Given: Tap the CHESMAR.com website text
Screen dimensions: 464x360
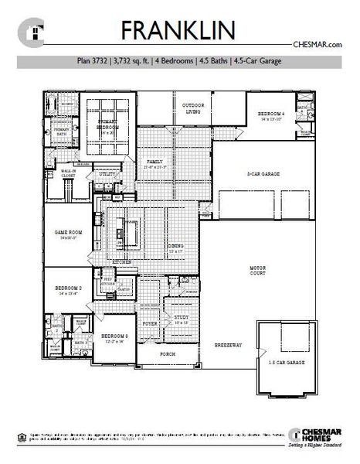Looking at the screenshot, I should (x=318, y=46).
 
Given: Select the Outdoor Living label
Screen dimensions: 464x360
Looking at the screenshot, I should (x=193, y=107).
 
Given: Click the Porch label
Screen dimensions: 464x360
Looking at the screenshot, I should (x=167, y=355).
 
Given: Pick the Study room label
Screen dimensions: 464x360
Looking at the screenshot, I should (x=180, y=317).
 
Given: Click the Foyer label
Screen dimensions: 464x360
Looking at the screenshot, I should (x=151, y=322).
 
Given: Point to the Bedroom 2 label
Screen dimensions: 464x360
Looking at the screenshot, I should (x=68, y=288).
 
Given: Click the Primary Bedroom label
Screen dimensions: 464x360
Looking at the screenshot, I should (x=106, y=125).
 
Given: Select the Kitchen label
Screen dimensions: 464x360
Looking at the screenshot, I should (x=122, y=262).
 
